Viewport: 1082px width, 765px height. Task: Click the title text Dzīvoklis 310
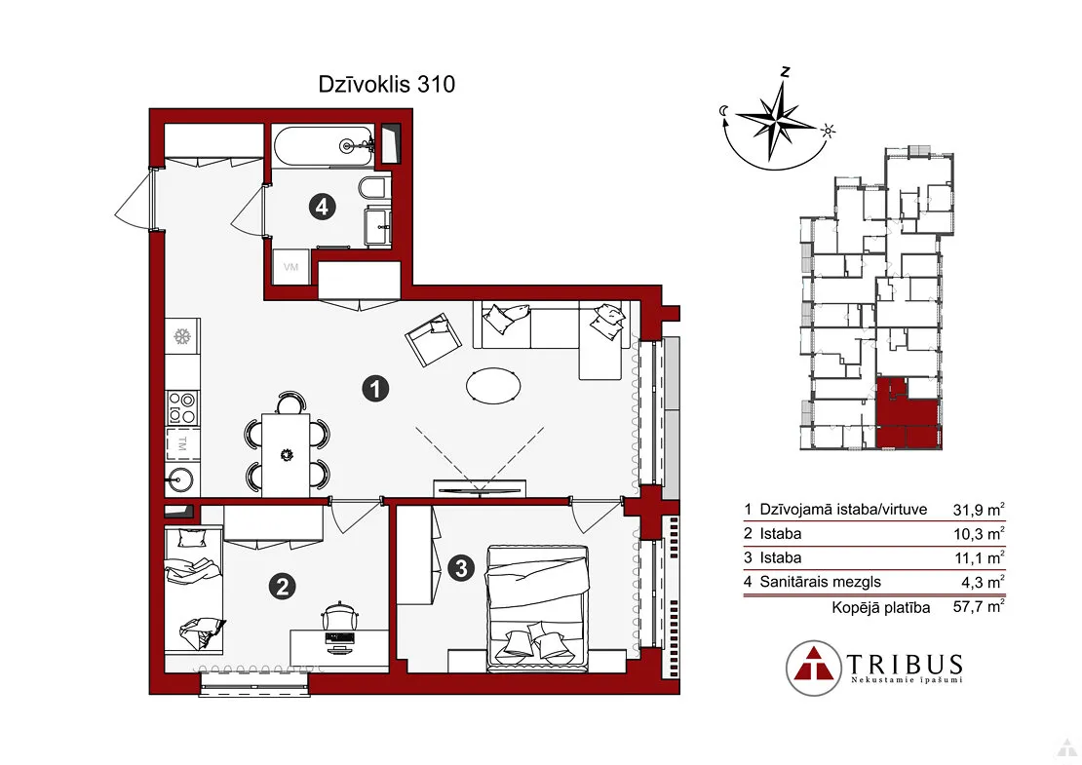click(386, 84)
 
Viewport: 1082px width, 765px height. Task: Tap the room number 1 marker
click(375, 389)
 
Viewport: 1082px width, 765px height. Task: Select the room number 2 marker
click(283, 587)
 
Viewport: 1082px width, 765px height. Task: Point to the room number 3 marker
click(461, 568)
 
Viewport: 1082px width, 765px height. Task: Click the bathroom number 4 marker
click(323, 207)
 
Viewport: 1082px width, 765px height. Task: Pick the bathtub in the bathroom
click(324, 146)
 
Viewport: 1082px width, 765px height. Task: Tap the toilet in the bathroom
click(375, 188)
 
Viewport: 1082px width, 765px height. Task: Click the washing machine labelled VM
click(290, 267)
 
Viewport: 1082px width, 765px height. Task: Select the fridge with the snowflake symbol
click(183, 336)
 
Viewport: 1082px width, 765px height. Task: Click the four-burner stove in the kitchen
click(183, 407)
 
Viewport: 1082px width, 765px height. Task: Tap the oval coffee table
click(492, 385)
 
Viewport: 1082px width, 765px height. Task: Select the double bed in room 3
click(538, 607)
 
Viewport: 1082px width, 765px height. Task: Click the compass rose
click(779, 122)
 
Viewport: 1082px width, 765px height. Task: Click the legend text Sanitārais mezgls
click(821, 582)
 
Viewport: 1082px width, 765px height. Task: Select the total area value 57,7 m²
click(979, 606)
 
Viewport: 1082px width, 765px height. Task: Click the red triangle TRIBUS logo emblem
click(814, 668)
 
